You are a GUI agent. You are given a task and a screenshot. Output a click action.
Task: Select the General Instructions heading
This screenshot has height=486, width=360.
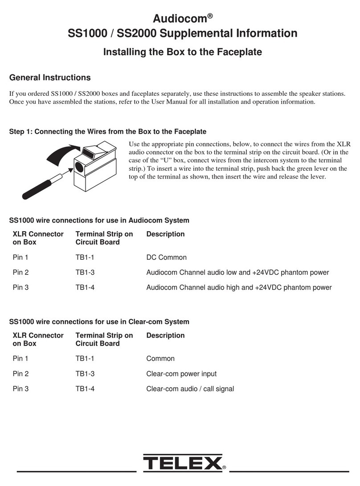(x=50, y=78)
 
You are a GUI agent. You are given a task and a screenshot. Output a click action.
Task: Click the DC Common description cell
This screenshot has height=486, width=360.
(x=166, y=257)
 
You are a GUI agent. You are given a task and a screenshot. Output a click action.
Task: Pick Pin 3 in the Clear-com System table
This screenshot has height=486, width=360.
(x=21, y=388)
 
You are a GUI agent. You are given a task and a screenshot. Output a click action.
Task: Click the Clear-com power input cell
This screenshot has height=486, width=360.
(x=181, y=373)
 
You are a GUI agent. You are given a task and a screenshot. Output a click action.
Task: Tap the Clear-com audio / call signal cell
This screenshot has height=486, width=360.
(x=190, y=388)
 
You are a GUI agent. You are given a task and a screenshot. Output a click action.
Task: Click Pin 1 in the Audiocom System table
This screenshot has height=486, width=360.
(x=21, y=257)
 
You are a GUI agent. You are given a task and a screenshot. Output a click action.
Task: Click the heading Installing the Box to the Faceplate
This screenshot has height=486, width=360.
(x=182, y=52)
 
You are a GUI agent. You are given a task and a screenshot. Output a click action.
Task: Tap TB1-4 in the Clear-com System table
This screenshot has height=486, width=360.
(x=85, y=388)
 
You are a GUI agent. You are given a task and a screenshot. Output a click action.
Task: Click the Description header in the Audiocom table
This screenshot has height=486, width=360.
(x=165, y=234)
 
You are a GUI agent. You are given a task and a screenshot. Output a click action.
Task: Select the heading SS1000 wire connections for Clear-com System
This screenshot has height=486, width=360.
(x=99, y=321)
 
